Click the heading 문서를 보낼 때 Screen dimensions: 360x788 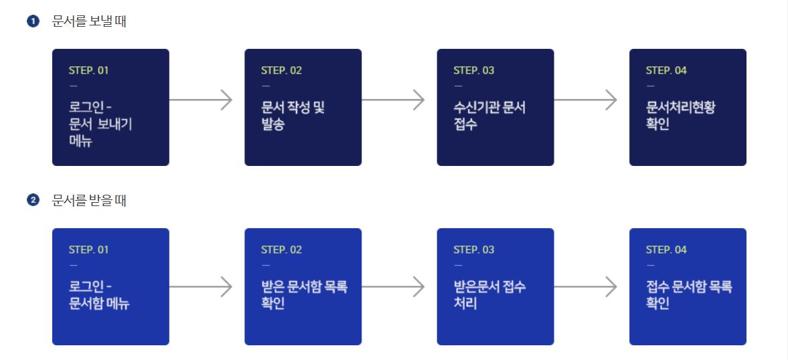point(89,21)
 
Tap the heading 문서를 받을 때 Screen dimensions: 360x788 point(89,201)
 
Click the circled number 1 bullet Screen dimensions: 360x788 point(32,21)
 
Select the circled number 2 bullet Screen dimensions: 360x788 point(32,201)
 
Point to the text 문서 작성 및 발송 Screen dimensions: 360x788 point(293,116)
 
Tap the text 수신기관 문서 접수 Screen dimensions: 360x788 point(489,116)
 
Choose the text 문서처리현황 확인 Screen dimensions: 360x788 point(680,116)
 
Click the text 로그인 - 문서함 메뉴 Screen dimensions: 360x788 point(98,295)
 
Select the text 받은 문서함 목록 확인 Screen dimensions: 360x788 point(304,295)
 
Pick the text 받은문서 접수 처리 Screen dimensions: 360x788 point(489,295)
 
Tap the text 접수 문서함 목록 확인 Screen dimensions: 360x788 point(689,295)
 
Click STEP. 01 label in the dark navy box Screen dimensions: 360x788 point(88,71)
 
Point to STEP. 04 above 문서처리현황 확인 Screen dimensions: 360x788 point(666,71)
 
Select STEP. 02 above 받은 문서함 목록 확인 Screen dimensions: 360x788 point(281,250)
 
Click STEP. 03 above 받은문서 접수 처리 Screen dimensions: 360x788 point(474,250)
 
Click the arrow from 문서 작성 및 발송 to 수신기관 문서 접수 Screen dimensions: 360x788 point(393,100)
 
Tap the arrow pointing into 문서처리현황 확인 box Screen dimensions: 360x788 point(585,100)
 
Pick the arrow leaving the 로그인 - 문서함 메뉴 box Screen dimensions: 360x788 point(201,287)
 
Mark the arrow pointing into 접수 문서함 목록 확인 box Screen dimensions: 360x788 point(585,287)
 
